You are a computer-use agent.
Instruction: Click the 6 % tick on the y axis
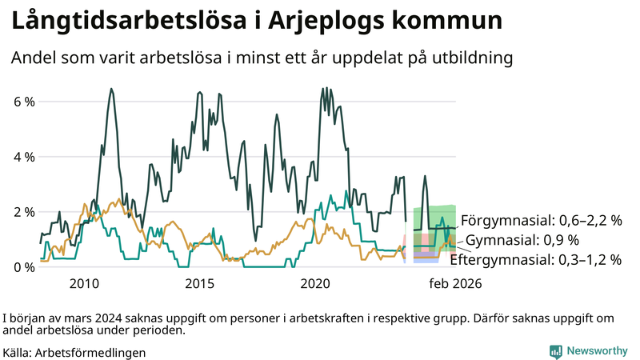tap(24, 102)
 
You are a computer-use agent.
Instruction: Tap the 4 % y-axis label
tap(24, 157)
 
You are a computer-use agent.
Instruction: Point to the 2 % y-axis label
tap(24, 212)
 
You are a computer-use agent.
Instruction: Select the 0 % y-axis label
tap(24, 266)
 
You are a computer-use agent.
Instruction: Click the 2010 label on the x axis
tap(84, 283)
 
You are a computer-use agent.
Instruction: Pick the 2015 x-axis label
tap(199, 283)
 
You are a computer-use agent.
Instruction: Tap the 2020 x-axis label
tap(315, 283)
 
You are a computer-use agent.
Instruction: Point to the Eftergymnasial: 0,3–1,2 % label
tap(536, 259)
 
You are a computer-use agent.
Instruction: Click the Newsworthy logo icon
tap(554, 351)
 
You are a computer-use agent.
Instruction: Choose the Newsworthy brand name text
tap(596, 351)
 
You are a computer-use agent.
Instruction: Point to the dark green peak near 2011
tap(111, 89)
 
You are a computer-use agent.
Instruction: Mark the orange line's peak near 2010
tap(86, 204)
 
